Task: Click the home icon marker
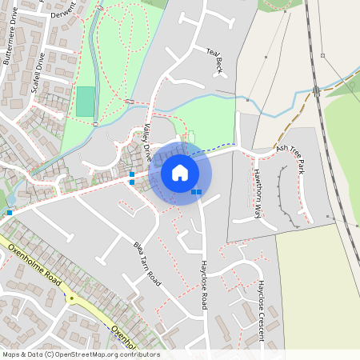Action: coord(180,173)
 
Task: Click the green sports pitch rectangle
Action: coord(85,102)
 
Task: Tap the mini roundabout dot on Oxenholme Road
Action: coord(71,298)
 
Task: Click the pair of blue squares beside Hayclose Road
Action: coord(196,192)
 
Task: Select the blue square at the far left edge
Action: coord(10,213)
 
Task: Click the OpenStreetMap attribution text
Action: coord(81,354)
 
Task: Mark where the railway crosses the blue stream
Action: coord(317,90)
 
